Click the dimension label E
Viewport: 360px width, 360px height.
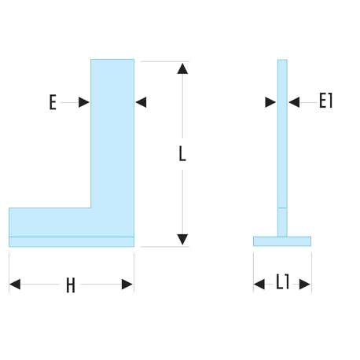(x=53, y=102)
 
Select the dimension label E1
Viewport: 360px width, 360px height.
(x=325, y=101)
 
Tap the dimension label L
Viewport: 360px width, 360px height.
(x=182, y=153)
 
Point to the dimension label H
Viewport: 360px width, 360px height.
(x=71, y=285)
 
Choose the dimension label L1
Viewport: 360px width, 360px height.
(x=283, y=281)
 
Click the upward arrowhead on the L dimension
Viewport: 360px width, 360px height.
(x=182, y=68)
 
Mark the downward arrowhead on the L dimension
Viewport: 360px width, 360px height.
(x=182, y=240)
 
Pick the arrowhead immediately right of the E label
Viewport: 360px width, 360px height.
(x=84, y=102)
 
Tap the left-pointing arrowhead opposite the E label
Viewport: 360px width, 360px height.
(x=141, y=102)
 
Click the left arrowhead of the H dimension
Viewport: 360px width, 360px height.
(x=15, y=285)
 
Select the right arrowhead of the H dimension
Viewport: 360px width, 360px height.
(x=127, y=285)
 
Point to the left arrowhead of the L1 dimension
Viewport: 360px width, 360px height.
(x=259, y=285)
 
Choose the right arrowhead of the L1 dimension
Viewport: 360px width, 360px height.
(x=305, y=285)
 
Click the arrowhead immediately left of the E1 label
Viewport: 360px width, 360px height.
(x=294, y=102)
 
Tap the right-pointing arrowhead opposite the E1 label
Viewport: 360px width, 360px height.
(x=270, y=102)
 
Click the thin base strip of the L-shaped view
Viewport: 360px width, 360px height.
(x=72, y=241)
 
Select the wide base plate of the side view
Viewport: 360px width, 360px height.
(x=282, y=241)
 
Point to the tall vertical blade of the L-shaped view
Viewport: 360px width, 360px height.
(x=112, y=134)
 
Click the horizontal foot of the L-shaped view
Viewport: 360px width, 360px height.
(x=50, y=222)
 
